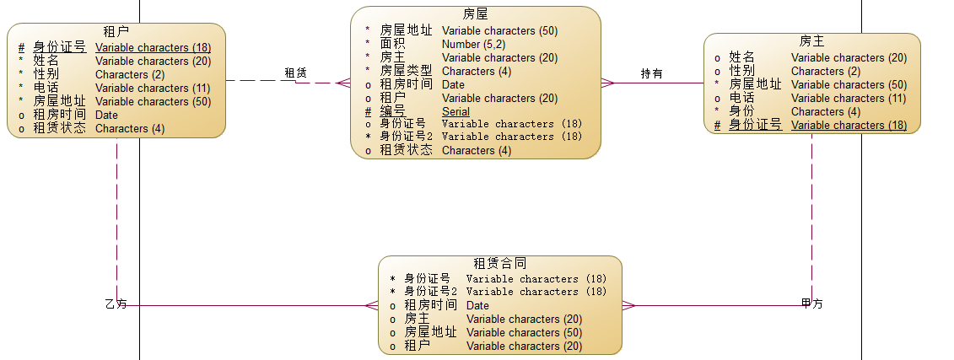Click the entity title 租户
116,32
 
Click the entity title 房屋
475,14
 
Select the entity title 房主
812,41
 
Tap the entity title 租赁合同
500,264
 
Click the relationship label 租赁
295,73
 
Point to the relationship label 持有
651,73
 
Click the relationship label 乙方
116,304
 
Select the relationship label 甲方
811,304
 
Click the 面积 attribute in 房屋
392,44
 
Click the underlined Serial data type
455,111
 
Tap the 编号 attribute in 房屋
392,111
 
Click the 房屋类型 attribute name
406,71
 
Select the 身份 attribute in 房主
741,111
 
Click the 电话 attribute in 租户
46,88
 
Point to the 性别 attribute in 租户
46,74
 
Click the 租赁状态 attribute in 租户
59,128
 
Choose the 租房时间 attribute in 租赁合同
430,305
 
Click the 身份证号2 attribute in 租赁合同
430,292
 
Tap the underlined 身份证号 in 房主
755,125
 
